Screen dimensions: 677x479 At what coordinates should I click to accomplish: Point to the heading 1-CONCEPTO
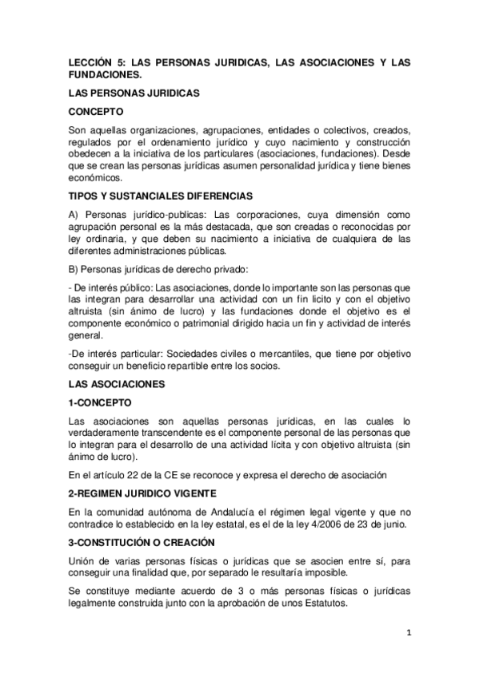point(99,403)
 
